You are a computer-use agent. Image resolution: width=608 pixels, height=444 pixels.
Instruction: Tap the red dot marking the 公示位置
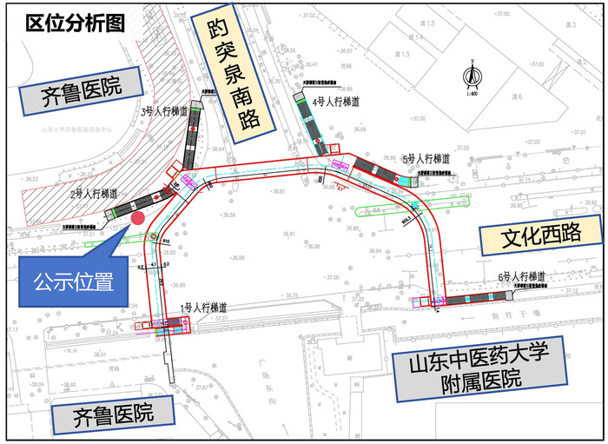138,218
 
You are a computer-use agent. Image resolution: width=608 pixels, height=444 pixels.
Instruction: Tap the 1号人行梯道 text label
203,308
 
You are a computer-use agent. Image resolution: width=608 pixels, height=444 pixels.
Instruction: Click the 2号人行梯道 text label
94,194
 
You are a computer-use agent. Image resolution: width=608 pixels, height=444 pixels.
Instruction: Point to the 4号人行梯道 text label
336,102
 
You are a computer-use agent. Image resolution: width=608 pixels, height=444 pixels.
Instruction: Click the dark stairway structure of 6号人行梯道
483,299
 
